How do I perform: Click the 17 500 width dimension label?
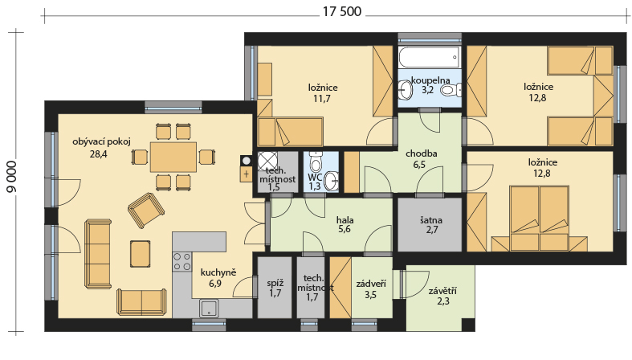(342, 12)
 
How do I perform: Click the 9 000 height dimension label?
(12, 177)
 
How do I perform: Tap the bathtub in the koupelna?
(430, 57)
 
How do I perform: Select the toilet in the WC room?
(316, 162)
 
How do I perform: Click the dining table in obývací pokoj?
(173, 157)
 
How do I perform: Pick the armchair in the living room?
(146, 210)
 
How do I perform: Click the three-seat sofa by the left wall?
(98, 254)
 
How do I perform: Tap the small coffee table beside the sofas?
(141, 254)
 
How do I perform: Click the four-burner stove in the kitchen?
(181, 261)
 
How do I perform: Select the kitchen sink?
(209, 309)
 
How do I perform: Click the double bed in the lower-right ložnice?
(540, 218)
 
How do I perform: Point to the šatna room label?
(431, 220)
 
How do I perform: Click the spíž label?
(275, 284)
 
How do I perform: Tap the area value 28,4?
(99, 153)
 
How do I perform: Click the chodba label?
(421, 153)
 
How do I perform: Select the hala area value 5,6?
(345, 230)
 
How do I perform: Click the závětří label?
(442, 291)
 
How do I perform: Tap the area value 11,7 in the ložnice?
(322, 98)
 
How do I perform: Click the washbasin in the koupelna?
(405, 89)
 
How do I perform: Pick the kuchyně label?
(218, 272)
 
